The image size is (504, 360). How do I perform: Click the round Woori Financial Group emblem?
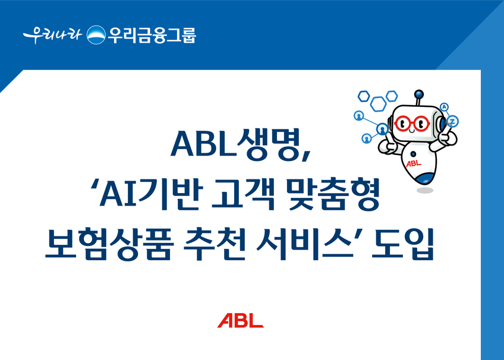(x=96, y=34)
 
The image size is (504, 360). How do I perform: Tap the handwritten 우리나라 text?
(x=52, y=34)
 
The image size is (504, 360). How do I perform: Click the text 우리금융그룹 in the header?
(x=152, y=34)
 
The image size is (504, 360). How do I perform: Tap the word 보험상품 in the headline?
(x=109, y=244)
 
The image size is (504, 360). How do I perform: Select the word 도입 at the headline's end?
(x=403, y=244)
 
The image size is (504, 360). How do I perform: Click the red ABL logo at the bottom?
(x=241, y=321)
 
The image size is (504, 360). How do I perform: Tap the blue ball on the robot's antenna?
(x=418, y=94)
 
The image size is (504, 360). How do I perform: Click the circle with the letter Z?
(x=453, y=121)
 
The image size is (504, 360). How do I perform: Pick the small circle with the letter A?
(x=444, y=106)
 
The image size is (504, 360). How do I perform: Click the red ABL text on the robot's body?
(x=414, y=163)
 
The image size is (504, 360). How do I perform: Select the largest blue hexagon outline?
(x=378, y=104)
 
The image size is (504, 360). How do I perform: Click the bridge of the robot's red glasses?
(x=412, y=122)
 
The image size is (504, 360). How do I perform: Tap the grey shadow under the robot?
(x=425, y=191)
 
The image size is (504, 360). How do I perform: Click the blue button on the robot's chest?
(x=413, y=154)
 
